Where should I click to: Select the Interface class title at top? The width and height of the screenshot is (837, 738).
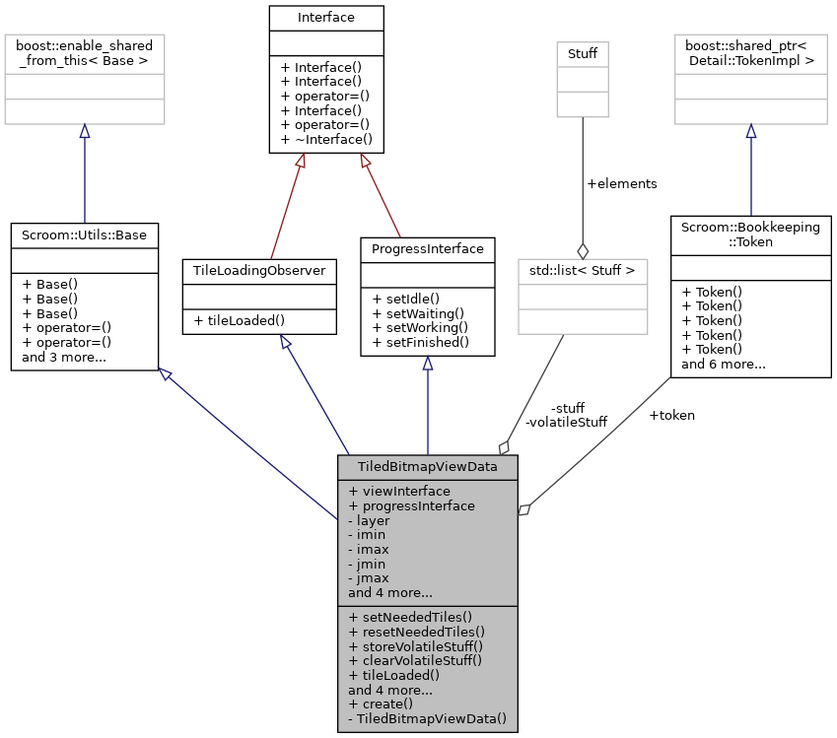pos(326,17)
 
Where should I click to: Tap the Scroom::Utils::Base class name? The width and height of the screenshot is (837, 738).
pos(85,235)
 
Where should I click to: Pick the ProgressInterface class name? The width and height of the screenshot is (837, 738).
pos(427,248)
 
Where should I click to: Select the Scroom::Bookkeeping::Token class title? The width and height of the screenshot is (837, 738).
pos(750,234)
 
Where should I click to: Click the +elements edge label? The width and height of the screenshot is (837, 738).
pos(621,183)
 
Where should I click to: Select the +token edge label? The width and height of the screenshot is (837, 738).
pos(671,415)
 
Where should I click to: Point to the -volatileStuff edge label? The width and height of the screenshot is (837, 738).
pos(567,422)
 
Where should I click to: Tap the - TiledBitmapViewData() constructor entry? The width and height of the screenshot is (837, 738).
pos(427,719)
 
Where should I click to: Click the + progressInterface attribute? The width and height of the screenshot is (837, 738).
pos(411,505)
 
